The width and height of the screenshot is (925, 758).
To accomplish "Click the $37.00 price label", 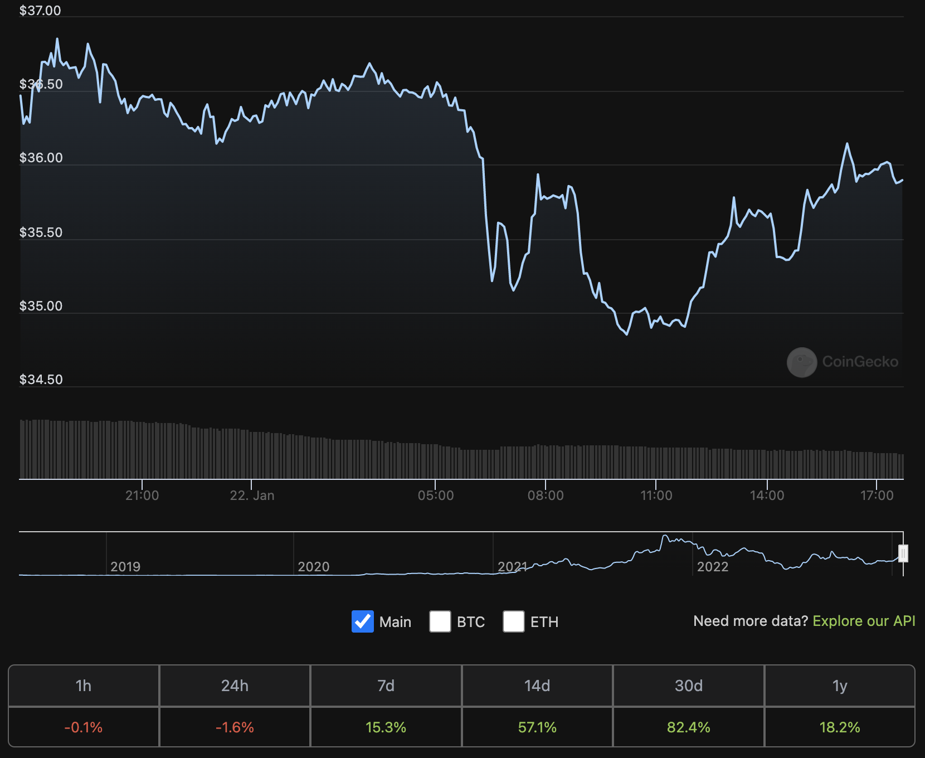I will tap(40, 11).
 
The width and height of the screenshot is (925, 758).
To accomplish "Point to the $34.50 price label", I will tap(41, 380).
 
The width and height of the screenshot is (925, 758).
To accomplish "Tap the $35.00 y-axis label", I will tap(41, 306).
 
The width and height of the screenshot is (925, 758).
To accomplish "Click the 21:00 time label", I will tap(142, 495).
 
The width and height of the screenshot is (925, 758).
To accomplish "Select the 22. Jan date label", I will tap(252, 495).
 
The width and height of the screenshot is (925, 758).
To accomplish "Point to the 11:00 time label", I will tap(656, 495).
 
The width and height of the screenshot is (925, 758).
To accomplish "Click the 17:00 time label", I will tap(877, 495).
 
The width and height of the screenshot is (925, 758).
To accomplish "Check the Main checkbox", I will tap(363, 621).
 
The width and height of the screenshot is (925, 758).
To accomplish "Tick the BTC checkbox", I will tap(440, 621).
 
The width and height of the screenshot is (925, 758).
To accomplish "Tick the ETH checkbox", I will tap(514, 621).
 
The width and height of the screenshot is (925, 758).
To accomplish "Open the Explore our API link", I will tap(864, 621).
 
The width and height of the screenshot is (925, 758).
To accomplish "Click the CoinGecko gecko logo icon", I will tap(802, 362).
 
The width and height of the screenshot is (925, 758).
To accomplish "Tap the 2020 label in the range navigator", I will tap(314, 567).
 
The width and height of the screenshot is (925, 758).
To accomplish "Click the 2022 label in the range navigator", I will tap(713, 567).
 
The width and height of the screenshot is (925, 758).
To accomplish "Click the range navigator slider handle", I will tap(903, 553).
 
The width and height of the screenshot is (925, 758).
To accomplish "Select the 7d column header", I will tap(386, 686).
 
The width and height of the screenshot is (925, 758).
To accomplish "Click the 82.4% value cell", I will tap(689, 727).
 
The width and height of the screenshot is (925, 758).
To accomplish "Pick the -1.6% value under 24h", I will tap(235, 727).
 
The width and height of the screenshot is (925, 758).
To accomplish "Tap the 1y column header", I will tap(840, 686).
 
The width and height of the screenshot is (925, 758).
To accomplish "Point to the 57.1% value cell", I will tap(537, 727).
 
